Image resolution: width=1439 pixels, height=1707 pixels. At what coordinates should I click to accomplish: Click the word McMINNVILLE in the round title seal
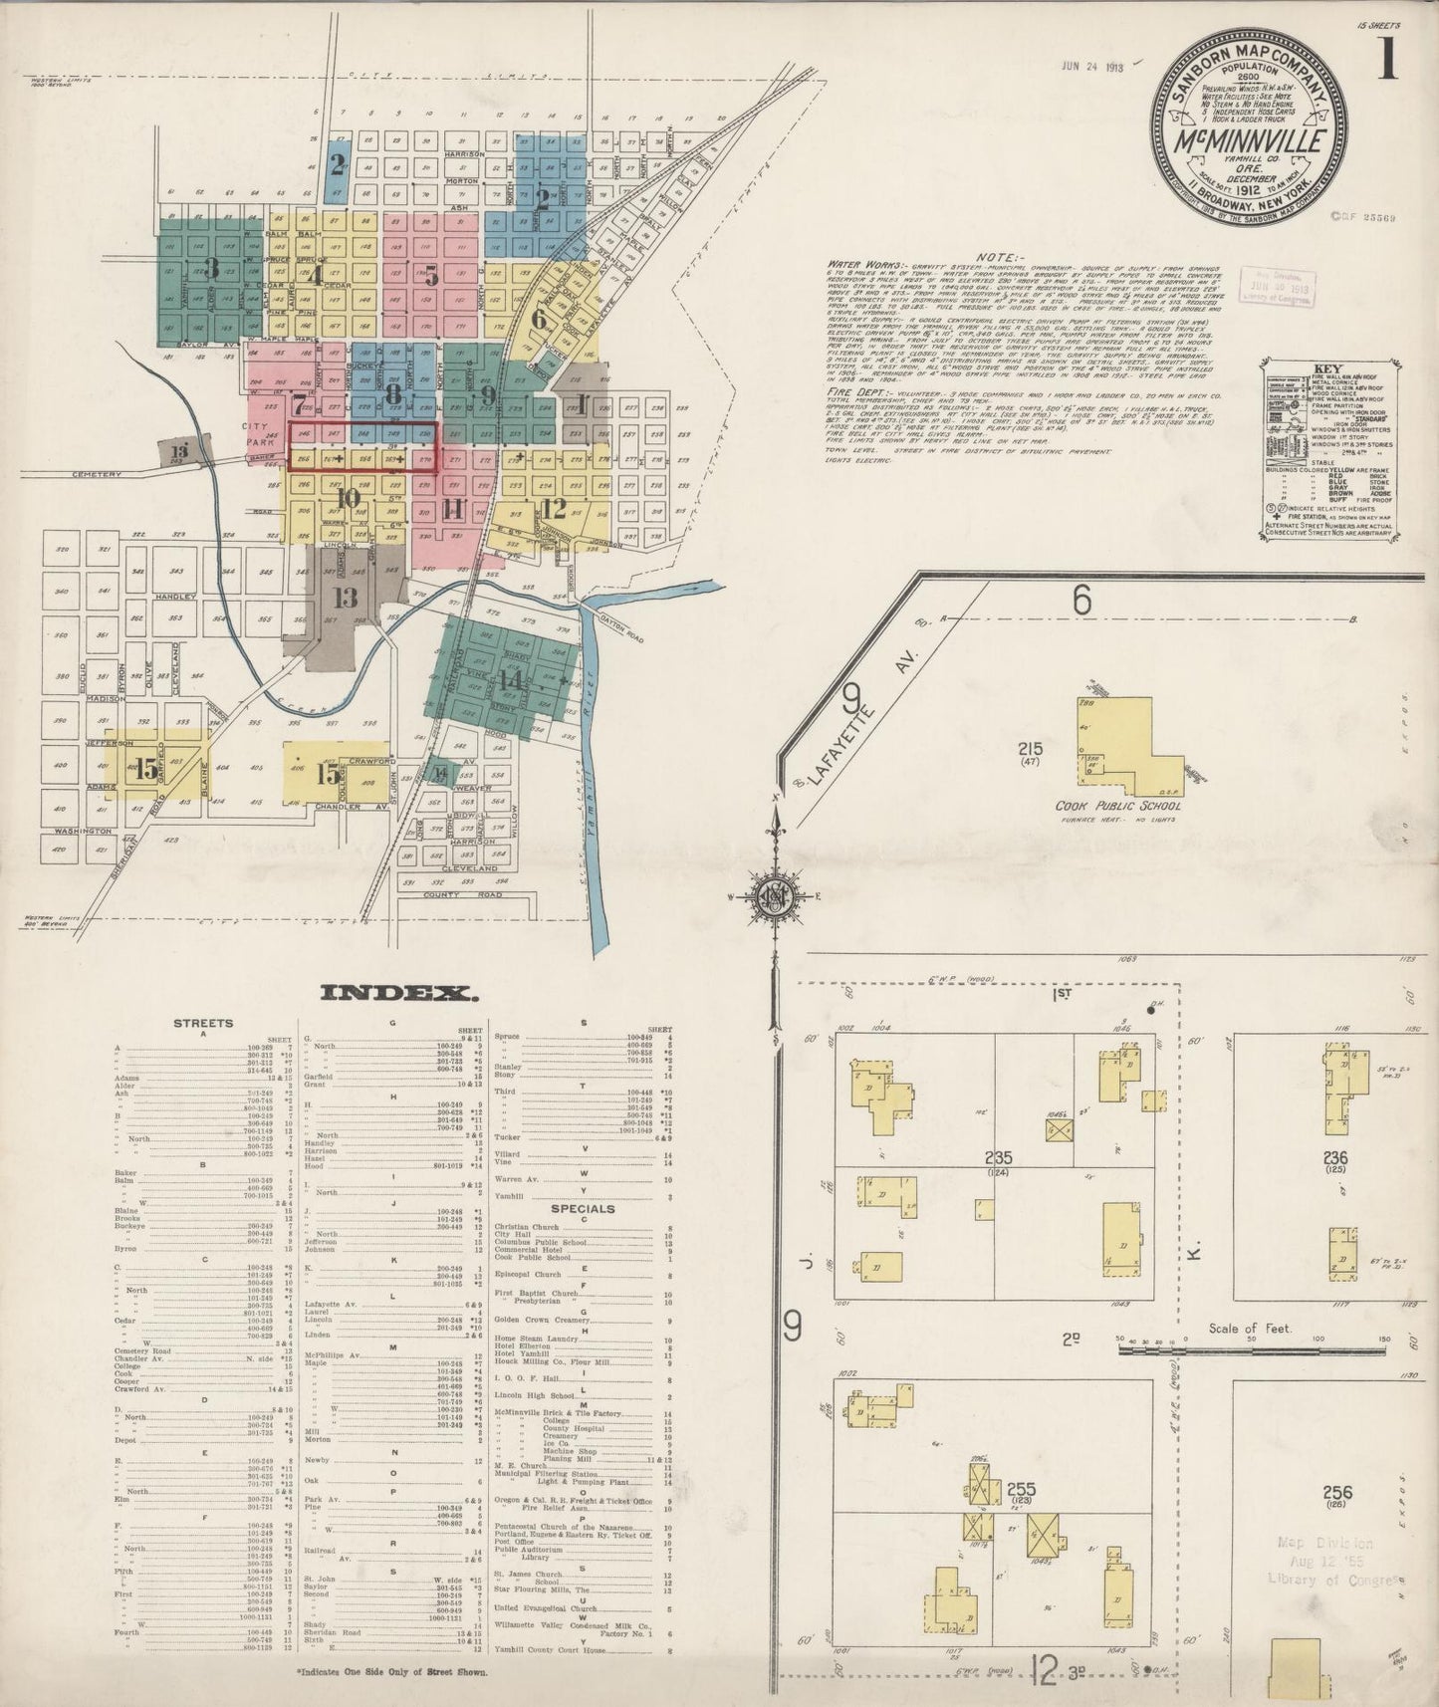point(1251,141)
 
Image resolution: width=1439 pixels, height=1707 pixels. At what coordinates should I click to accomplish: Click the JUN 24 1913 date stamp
point(1092,68)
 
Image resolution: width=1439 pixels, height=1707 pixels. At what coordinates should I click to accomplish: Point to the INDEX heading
point(397,992)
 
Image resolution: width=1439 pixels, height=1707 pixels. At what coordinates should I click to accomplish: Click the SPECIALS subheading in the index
point(583,1209)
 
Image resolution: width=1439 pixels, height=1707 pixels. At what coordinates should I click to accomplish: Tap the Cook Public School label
point(1113,805)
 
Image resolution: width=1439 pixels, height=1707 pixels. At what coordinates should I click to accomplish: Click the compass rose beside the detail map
point(773,895)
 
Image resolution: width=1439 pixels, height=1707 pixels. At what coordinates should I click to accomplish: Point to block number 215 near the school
point(1029,749)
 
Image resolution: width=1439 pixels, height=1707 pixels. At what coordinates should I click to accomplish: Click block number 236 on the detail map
point(1334,1158)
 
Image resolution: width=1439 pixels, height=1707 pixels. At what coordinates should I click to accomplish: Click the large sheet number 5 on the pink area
point(430,276)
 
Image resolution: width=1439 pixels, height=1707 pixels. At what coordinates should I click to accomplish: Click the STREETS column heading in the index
point(203,1022)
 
